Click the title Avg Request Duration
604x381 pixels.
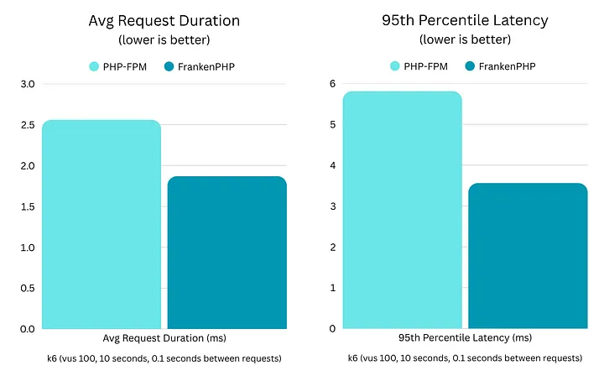point(164,21)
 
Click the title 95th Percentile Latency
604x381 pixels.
point(464,21)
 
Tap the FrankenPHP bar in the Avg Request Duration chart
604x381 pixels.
point(226,252)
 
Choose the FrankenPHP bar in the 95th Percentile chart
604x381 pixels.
point(528,255)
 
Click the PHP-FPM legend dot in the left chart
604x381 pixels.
point(94,65)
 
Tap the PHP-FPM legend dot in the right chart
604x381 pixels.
point(394,65)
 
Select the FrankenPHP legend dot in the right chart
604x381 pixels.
point(470,65)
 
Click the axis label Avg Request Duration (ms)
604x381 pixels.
point(164,338)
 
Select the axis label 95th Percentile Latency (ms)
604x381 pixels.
point(464,338)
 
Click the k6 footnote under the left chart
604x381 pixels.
point(164,358)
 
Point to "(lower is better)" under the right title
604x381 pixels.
point(464,40)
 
